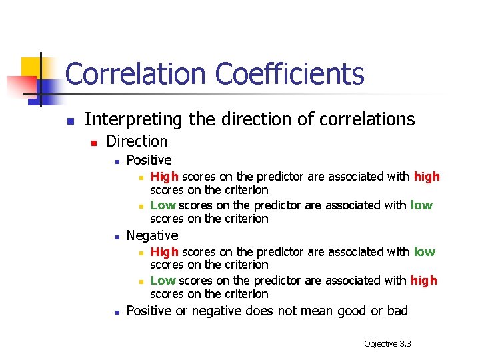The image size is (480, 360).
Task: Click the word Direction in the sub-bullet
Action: [x=137, y=141]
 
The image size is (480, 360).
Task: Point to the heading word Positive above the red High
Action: [x=149, y=160]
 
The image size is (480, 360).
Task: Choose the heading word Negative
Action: [x=152, y=235]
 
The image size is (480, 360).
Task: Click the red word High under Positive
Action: [x=164, y=177]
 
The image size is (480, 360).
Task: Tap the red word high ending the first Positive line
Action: [x=427, y=177]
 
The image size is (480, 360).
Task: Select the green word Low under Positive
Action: [x=163, y=205]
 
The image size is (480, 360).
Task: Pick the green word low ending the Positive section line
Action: [x=421, y=205]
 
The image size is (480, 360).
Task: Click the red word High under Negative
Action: [x=164, y=252]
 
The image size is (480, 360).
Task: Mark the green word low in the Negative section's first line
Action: [x=424, y=252]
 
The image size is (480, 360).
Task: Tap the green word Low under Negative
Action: [x=163, y=281]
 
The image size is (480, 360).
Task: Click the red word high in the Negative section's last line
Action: [x=424, y=281]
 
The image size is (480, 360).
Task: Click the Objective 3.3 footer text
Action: [x=387, y=343]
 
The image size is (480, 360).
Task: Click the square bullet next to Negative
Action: [x=117, y=237]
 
